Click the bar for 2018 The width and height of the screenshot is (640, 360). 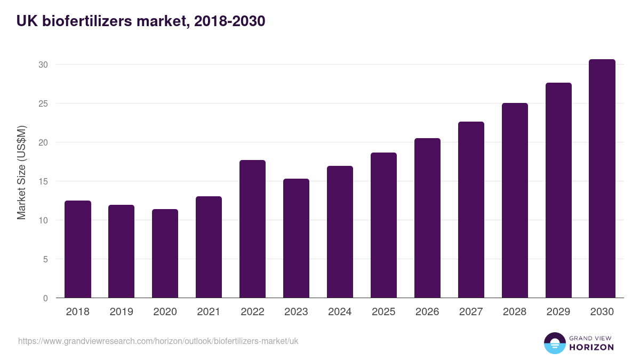(x=78, y=249)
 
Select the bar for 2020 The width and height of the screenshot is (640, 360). (x=165, y=253)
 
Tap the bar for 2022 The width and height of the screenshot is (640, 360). (x=253, y=229)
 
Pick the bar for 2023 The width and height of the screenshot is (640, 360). (x=296, y=238)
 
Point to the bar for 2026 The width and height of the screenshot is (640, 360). (x=427, y=218)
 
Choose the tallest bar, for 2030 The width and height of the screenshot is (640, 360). (x=602, y=179)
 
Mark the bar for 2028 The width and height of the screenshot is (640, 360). (x=515, y=201)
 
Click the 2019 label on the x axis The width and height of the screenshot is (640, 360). (x=122, y=312)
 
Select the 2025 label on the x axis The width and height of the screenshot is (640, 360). (x=383, y=312)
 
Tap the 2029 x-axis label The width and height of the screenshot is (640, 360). (x=558, y=312)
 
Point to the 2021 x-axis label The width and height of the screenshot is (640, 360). (x=209, y=312)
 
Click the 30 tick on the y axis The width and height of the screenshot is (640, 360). (x=43, y=65)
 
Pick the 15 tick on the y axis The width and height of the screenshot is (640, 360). (x=43, y=181)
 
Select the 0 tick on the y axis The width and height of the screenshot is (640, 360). (x=45, y=298)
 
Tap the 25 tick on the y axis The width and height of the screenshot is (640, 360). (x=43, y=103)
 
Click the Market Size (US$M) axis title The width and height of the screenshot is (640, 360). (x=21, y=172)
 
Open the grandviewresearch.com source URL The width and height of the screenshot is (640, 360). (x=158, y=341)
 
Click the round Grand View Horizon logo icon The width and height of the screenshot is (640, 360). (x=555, y=343)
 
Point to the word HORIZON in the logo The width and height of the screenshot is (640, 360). (x=591, y=347)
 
